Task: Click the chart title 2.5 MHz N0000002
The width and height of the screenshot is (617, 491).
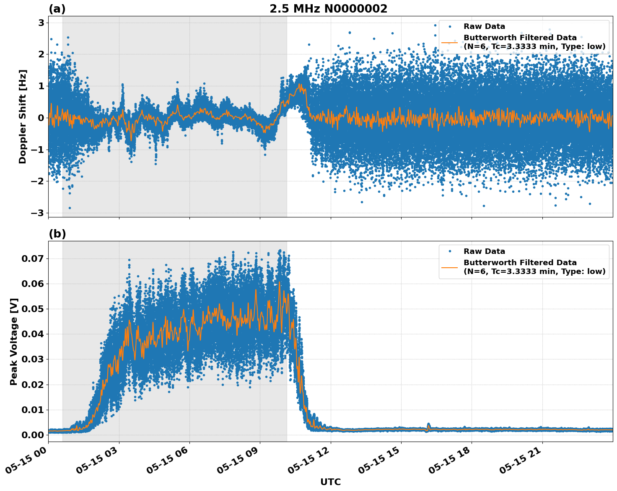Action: coord(328,9)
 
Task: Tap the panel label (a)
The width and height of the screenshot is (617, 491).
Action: coord(57,9)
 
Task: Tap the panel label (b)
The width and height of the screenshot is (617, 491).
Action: coord(57,234)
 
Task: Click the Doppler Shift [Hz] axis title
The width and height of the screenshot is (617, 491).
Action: coord(23,116)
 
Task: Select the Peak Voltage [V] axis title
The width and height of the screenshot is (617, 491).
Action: coord(14,341)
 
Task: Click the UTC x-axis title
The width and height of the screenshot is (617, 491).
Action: coord(330,482)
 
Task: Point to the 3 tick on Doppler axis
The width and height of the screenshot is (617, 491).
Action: coord(41,23)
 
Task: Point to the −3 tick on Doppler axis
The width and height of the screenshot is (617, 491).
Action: coord(38,213)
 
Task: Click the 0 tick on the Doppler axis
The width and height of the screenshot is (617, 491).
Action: coord(41,118)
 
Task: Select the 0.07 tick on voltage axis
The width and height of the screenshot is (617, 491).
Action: coord(32,258)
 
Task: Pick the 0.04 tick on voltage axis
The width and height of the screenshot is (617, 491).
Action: coord(32,334)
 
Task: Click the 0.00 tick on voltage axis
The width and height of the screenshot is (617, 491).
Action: coord(32,435)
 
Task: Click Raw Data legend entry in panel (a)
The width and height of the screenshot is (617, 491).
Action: coord(484,26)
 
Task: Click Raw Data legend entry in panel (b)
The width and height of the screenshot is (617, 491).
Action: coord(484,251)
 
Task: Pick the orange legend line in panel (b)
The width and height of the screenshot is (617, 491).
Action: coord(450,267)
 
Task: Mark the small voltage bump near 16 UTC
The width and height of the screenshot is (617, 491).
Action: coord(428,425)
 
